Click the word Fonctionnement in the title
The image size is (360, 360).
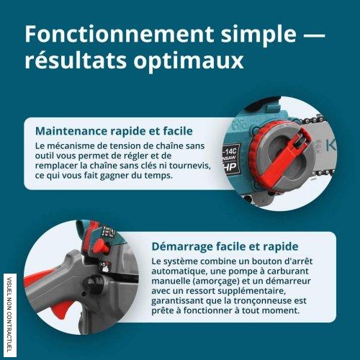[x=119, y=35]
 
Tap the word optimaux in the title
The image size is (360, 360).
[x=189, y=61]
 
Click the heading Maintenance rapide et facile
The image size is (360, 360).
[x=114, y=131]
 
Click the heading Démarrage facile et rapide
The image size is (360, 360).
[x=225, y=246]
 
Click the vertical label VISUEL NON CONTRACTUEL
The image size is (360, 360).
[x=10, y=315]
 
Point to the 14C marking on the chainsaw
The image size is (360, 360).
[x=230, y=151]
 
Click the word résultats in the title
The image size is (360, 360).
[x=76, y=60]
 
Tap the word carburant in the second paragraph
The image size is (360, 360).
[x=288, y=271]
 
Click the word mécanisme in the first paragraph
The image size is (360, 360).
[x=68, y=145]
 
